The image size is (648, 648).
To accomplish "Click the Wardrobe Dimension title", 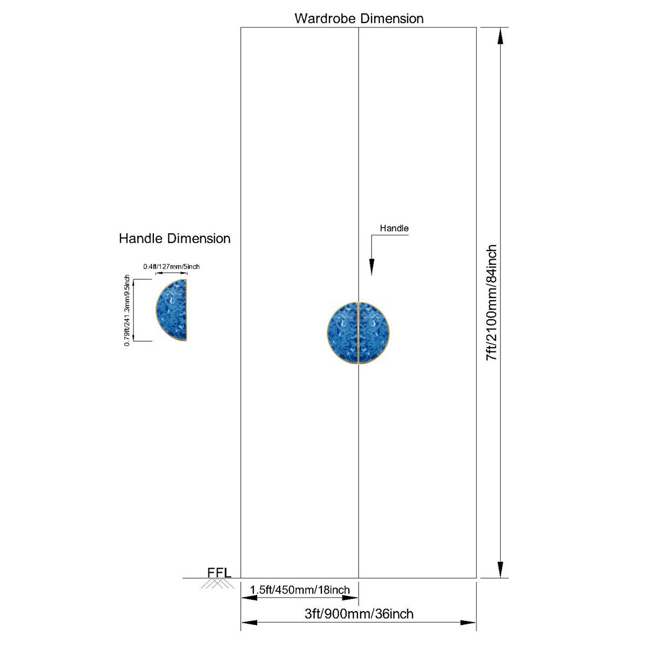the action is [x=359, y=18].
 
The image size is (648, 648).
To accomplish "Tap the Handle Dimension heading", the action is [x=174, y=239].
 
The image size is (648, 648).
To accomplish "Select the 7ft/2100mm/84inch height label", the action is [x=491, y=302].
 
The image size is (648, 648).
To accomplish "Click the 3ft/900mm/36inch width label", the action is [x=359, y=613].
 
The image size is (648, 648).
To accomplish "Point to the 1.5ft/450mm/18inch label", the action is [x=300, y=590].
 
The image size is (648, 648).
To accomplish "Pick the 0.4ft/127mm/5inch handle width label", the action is [x=172, y=267].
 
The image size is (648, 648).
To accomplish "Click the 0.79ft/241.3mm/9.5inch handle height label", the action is [x=127, y=310].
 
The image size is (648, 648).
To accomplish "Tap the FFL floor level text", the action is [x=219, y=573].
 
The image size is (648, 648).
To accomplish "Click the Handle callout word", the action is [x=394, y=228].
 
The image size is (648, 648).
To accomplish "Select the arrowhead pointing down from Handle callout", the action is [x=371, y=267].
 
